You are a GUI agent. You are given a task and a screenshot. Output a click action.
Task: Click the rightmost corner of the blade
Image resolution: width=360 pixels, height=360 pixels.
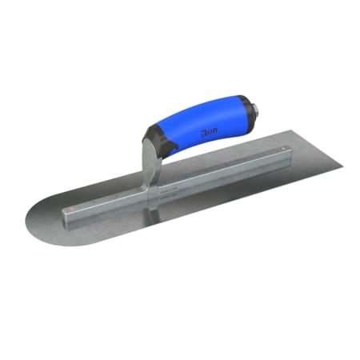(342, 166)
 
